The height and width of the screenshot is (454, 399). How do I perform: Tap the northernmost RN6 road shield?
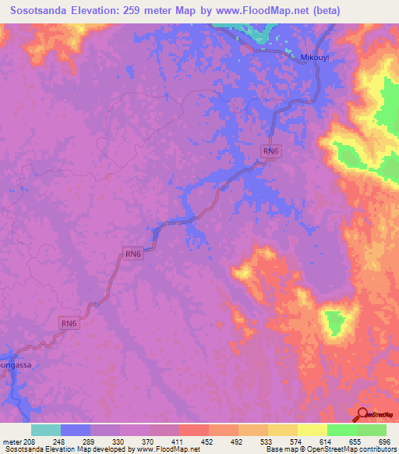(270, 152)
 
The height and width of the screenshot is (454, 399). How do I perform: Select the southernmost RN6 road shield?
(69, 323)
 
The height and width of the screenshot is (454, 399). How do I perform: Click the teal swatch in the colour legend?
(46, 430)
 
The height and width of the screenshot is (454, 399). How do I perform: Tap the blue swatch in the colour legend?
(76, 430)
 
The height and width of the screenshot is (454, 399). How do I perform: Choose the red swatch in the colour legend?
(194, 430)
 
